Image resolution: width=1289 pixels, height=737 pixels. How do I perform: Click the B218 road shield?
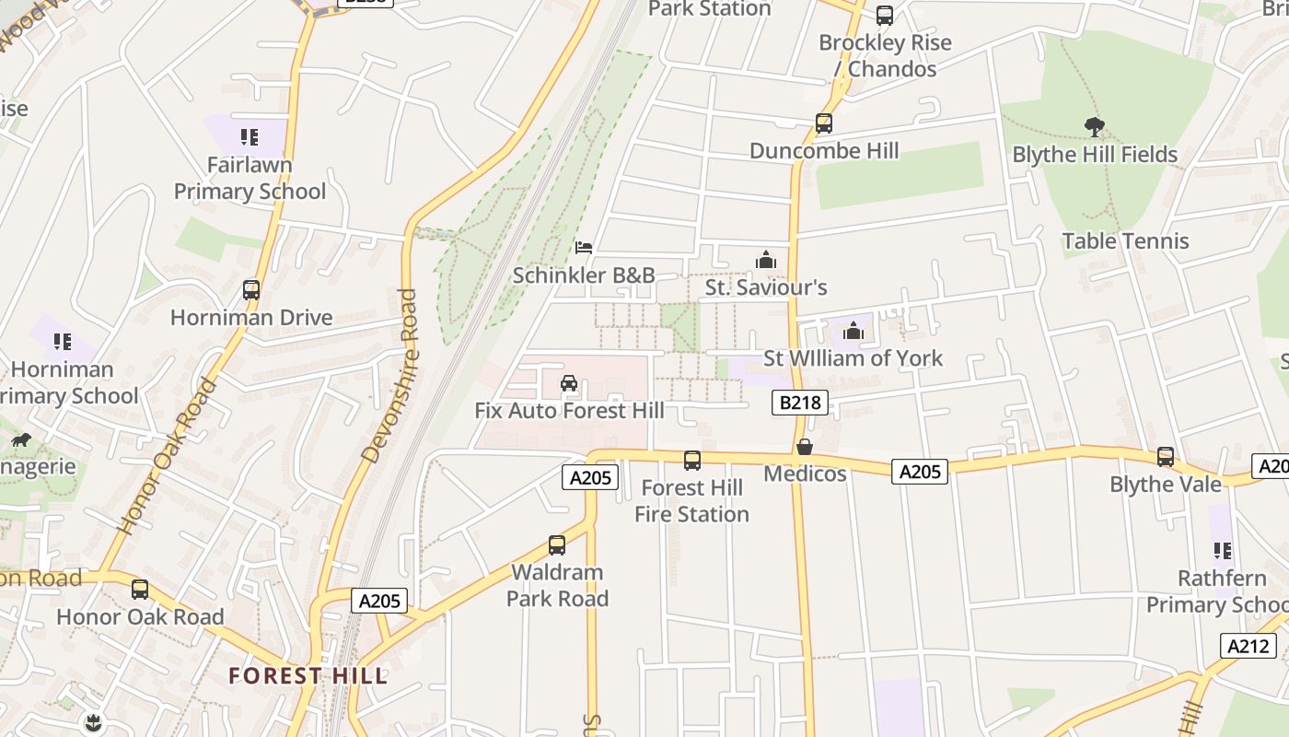tap(800, 402)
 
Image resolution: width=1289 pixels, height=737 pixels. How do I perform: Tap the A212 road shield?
tap(1248, 646)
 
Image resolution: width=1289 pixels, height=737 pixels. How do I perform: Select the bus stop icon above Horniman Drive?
tap(250, 290)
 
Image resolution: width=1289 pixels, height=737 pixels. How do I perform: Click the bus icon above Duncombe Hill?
tap(823, 123)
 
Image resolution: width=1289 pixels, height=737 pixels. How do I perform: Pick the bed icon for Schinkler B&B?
tap(584, 248)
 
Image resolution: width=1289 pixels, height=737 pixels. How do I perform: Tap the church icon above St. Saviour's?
tap(766, 261)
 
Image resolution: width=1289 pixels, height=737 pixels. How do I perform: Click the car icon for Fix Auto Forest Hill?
tap(569, 383)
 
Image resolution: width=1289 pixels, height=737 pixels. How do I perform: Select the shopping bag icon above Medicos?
tap(805, 448)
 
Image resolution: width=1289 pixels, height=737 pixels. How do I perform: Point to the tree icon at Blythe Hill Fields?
tap(1095, 126)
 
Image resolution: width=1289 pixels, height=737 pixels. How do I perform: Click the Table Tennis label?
tap(1125, 241)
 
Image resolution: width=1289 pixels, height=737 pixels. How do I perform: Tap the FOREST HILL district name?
tap(308, 675)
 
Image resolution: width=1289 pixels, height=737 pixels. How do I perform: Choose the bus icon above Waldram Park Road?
tap(556, 544)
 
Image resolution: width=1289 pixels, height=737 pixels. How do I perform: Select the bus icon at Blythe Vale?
tap(1166, 457)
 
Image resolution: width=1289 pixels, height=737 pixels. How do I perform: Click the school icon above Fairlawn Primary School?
tap(249, 138)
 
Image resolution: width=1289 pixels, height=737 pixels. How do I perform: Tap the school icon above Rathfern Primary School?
tap(1222, 551)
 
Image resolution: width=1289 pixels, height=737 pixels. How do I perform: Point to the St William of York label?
tap(854, 358)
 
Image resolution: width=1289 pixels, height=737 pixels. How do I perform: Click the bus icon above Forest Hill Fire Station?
tap(692, 461)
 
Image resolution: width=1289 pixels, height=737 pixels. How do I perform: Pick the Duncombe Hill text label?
tap(824, 150)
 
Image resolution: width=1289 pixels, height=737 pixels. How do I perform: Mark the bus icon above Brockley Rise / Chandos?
tap(884, 16)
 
